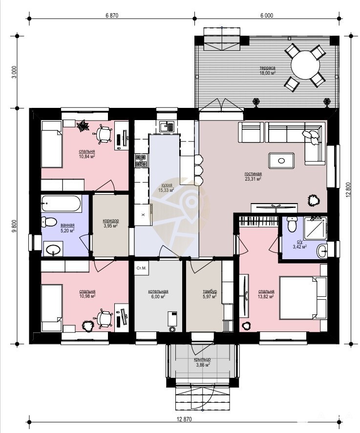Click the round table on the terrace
305,65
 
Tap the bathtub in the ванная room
62,204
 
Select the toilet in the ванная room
49,222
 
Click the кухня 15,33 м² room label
166,187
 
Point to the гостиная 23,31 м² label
253,176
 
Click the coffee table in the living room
281,161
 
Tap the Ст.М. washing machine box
142,268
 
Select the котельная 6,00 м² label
158,294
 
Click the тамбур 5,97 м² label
210,294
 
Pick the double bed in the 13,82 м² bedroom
303,298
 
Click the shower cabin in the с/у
315,228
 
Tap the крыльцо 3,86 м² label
203,362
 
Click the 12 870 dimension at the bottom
184,419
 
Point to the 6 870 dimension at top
112,16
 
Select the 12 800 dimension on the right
348,190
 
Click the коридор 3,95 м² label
111,223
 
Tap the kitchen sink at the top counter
167,127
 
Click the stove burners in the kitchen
141,161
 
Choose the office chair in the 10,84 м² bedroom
104,134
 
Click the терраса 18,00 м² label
268,70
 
